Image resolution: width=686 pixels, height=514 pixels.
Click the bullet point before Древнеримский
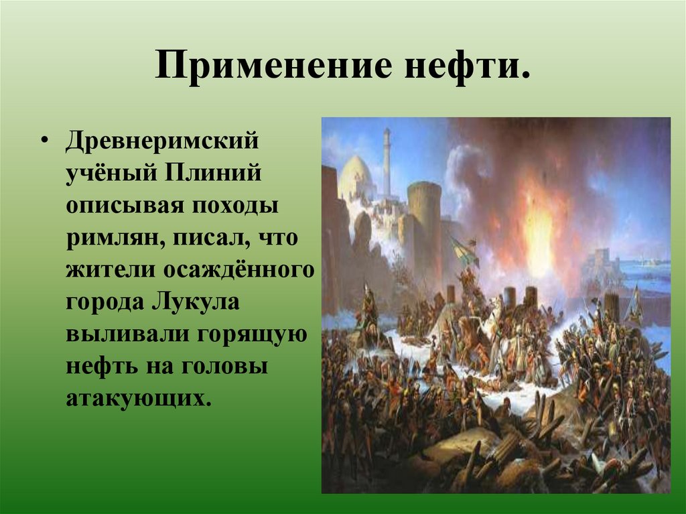click(44, 141)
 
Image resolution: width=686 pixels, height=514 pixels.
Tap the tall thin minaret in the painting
click(387, 161)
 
